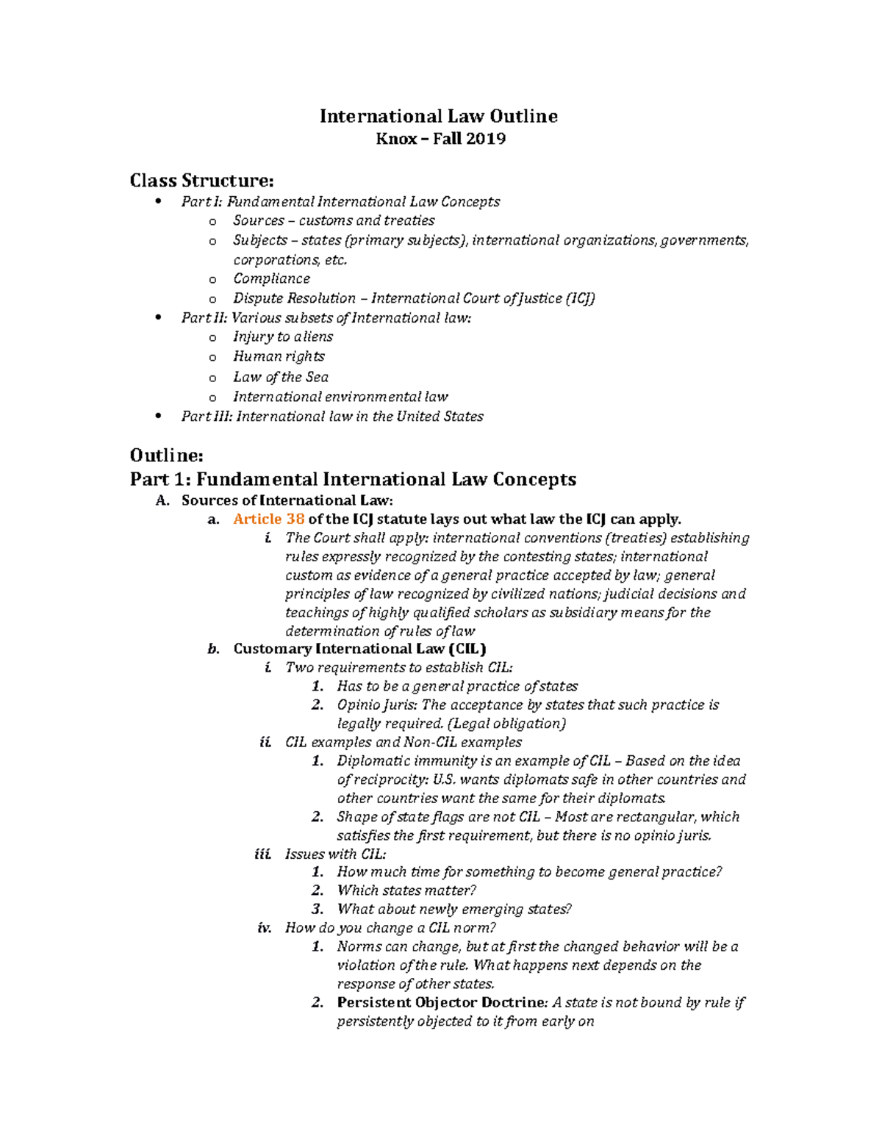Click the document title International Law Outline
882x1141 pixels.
[x=438, y=116]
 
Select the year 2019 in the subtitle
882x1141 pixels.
[x=485, y=139]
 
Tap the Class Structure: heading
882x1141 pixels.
[x=201, y=181]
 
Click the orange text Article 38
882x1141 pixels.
[x=268, y=519]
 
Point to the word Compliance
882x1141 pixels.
[x=271, y=279]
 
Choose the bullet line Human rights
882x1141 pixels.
[x=279, y=356]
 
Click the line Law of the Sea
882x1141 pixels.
[x=280, y=377]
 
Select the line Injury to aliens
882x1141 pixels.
[x=283, y=337]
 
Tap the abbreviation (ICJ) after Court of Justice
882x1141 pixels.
[x=580, y=298]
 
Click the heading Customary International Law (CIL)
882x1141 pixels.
[x=359, y=649]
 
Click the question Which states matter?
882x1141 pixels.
[x=406, y=890]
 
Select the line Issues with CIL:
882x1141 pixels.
[x=335, y=854]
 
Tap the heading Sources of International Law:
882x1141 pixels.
[x=287, y=500]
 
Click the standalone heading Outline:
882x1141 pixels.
[x=166, y=456]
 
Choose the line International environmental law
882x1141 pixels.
[x=340, y=397]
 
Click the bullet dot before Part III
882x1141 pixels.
[x=158, y=416]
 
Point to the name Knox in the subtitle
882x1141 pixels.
[x=396, y=139]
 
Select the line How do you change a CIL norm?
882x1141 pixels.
[x=390, y=928]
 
